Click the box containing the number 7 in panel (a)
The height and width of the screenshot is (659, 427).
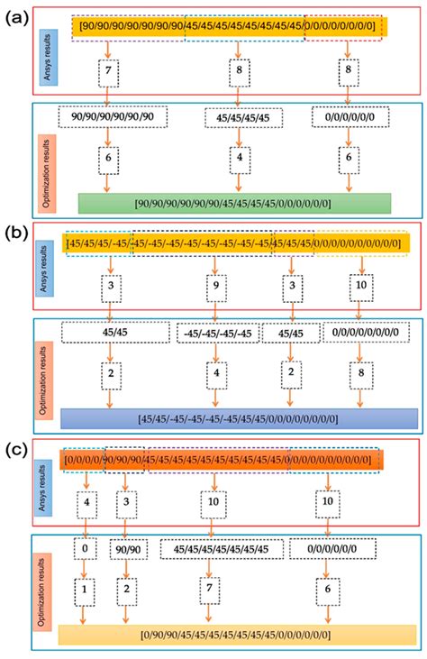[x=108, y=70]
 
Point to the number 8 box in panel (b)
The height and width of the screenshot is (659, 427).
[x=360, y=371]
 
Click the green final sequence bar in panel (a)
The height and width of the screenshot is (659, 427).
[x=234, y=204]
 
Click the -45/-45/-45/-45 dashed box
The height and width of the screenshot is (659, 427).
[x=214, y=333]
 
